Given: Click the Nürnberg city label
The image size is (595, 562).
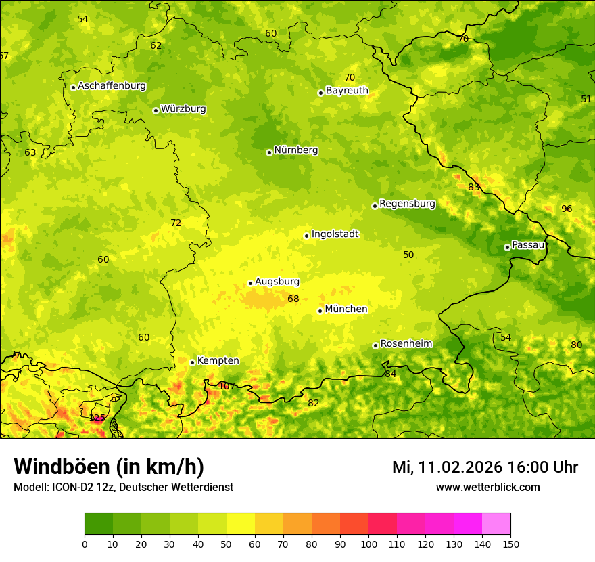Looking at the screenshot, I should click(295, 150).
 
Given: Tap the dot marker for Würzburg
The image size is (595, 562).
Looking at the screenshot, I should click(156, 110).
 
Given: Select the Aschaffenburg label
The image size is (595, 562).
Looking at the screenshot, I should click(112, 86).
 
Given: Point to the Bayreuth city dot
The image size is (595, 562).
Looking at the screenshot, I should click(320, 93).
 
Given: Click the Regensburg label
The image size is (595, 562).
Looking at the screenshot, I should click(407, 204).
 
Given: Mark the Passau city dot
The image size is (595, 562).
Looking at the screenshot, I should click(507, 247).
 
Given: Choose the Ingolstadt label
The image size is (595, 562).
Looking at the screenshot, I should click(335, 234).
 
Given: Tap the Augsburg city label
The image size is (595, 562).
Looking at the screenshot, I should click(277, 282).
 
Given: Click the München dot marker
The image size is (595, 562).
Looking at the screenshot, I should click(320, 311).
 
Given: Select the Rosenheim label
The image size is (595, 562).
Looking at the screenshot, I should click(406, 344).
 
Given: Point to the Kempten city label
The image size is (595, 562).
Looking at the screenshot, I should click(218, 361).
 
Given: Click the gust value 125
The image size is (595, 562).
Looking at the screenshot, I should click(97, 418).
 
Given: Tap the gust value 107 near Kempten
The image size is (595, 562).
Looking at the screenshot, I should click(227, 387).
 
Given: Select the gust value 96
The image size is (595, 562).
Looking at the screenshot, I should click(567, 209).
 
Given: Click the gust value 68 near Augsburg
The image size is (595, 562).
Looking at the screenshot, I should click(293, 299).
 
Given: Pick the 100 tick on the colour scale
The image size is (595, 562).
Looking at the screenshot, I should click(368, 544).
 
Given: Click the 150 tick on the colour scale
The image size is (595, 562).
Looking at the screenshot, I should click(510, 544).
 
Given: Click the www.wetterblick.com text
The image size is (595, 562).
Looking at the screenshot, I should click(487, 488).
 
